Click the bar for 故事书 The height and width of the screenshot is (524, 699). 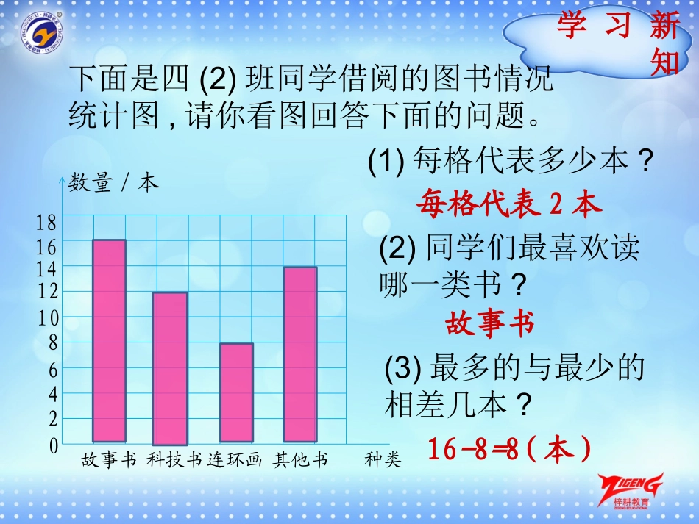[109, 341]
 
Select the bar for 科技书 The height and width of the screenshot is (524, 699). [170, 367]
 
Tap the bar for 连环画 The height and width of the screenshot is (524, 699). [236, 392]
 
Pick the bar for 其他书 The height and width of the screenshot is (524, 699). [300, 354]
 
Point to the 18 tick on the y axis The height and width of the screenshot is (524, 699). [47, 223]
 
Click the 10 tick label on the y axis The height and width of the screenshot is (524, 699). [47, 318]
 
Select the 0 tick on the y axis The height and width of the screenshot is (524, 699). [53, 445]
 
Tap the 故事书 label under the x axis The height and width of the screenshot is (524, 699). [110, 461]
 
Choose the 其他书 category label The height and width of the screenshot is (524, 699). [300, 461]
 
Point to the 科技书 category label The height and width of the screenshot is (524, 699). [174, 461]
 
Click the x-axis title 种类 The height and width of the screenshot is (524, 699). [383, 461]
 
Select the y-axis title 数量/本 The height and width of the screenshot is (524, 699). [113, 183]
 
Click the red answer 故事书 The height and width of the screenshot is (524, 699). [489, 323]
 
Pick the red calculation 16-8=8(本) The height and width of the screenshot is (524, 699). [509, 449]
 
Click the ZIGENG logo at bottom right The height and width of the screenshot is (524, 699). [631, 488]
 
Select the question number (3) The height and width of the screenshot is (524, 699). [405, 367]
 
